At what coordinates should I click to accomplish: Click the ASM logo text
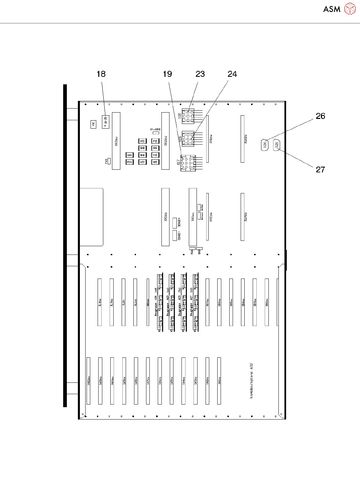pos(332,9)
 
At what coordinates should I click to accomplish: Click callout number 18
pos(101,74)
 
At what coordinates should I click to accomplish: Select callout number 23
pos(200,74)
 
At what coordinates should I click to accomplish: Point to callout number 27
pos(320,170)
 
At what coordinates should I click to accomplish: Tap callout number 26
pos(320,116)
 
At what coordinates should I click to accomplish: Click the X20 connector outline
pos(264,145)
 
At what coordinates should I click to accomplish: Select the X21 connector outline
pos(276,145)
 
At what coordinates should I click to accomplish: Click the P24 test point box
pos(129,162)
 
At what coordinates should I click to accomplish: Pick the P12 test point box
pos(155,141)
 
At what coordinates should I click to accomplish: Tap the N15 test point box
pos(155,162)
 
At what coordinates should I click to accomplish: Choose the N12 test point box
pos(155,148)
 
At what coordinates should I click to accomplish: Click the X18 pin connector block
pos(188,116)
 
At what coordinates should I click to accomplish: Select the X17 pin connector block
pos(188,163)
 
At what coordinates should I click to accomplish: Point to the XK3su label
pos(116,141)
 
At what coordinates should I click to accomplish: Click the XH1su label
pos(211,139)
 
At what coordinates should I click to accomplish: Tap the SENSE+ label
pos(179,222)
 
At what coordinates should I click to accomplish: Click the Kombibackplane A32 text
pos(251,381)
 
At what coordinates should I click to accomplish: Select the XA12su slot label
pos(89,381)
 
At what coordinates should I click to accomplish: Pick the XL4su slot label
pos(100,303)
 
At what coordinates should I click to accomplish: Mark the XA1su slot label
pos(219,381)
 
